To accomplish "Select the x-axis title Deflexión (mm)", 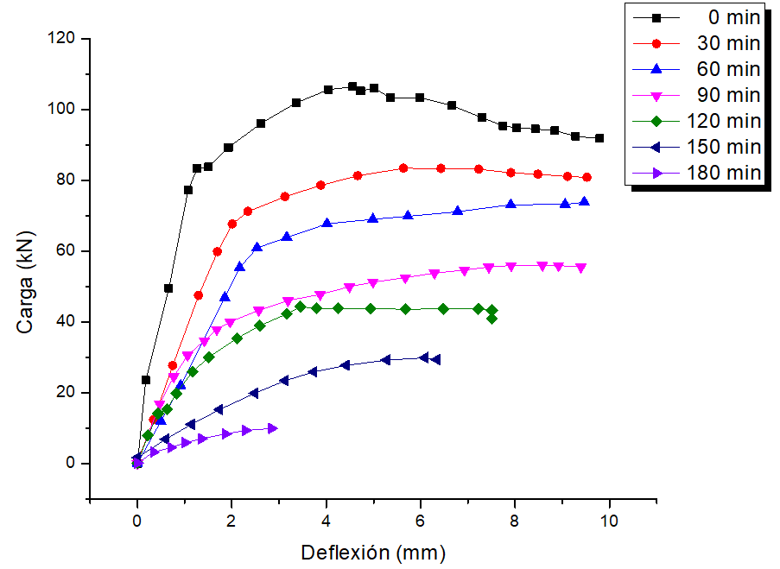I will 373,552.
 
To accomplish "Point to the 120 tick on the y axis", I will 67,39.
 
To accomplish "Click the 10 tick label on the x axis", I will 609,522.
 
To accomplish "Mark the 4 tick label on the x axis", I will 326,522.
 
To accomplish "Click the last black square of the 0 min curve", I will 599,138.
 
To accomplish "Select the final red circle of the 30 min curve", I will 587,177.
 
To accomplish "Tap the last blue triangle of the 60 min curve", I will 584,201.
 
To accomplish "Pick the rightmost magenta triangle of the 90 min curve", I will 580,269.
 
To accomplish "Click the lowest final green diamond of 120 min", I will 491,319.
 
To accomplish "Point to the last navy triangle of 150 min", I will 435,359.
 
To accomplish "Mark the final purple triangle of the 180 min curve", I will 273,428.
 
